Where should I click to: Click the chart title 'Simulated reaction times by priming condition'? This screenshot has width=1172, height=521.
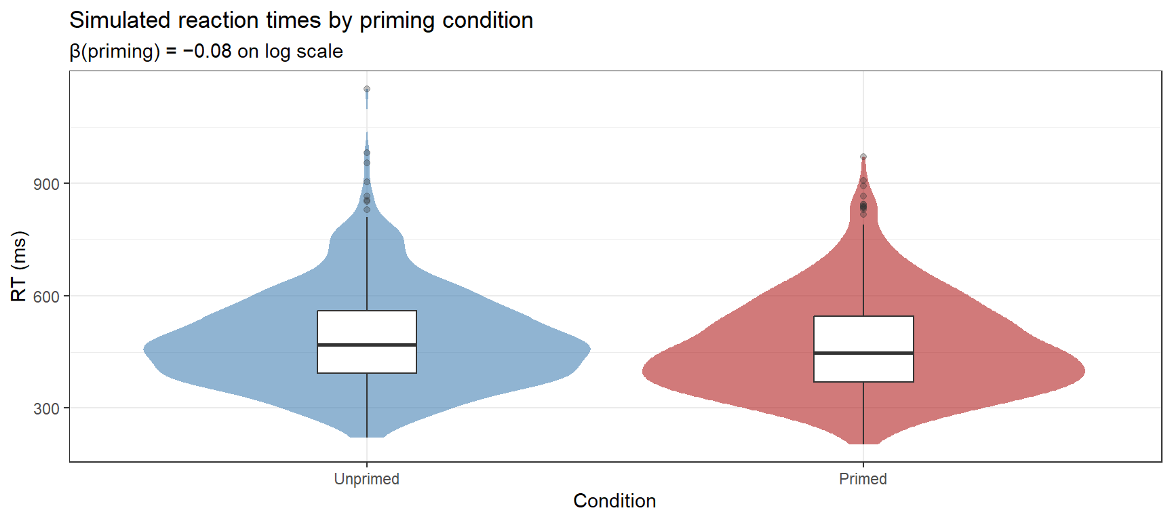pyautogui.click(x=301, y=20)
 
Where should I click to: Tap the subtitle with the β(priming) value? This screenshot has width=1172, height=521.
pyautogui.click(x=206, y=52)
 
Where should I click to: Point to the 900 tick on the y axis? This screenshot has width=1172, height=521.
pyautogui.click(x=46, y=184)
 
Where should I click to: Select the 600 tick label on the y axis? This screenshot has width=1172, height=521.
pyautogui.click(x=46, y=296)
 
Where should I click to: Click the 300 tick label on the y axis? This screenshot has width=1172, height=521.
pyautogui.click(x=46, y=409)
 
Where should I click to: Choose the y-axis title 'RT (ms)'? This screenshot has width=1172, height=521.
pyautogui.click(x=19, y=266)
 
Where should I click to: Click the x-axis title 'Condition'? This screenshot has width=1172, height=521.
pyautogui.click(x=614, y=501)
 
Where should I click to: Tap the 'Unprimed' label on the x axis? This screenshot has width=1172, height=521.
pyautogui.click(x=366, y=479)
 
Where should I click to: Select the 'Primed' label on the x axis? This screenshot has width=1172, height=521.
pyautogui.click(x=863, y=479)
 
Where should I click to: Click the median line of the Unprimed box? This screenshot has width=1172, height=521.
pyautogui.click(x=366, y=345)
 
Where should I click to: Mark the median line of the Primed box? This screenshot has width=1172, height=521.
pyautogui.click(x=863, y=353)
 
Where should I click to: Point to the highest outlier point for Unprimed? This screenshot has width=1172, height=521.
pyautogui.click(x=367, y=89)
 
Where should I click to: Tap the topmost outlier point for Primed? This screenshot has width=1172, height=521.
pyautogui.click(x=863, y=157)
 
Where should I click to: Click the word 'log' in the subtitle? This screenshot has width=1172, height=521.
pyautogui.click(x=278, y=52)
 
